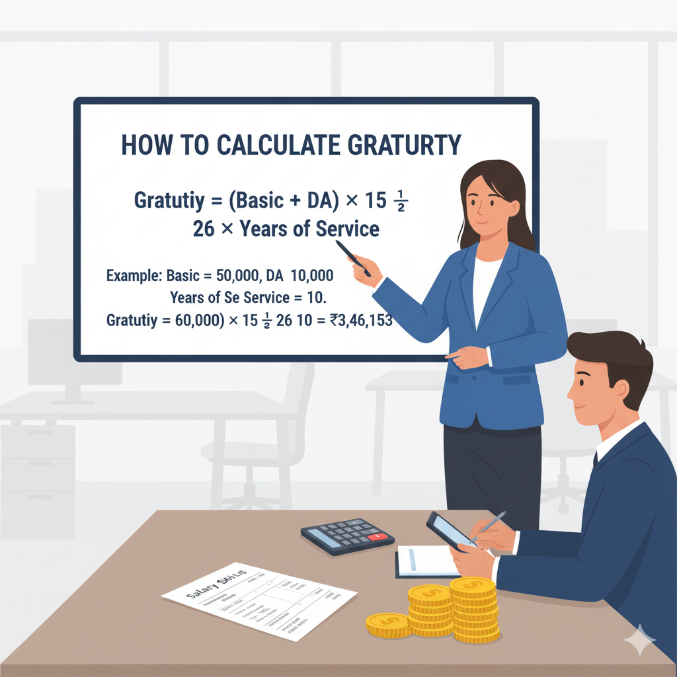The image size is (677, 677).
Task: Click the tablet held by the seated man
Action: (x=450, y=530)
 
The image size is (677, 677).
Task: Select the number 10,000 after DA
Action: (x=311, y=275)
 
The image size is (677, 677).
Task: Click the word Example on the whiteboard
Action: (x=133, y=275)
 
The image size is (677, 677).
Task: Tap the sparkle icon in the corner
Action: (x=639, y=640)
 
